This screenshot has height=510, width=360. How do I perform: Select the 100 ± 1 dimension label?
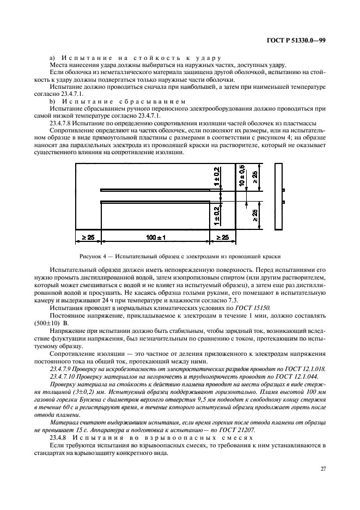pos(156,238)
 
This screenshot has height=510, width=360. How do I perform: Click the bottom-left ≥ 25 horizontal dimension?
pos(88,238)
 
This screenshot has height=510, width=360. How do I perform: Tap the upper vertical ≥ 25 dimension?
pos(255,178)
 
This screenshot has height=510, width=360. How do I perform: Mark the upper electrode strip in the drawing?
pos(155,190)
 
